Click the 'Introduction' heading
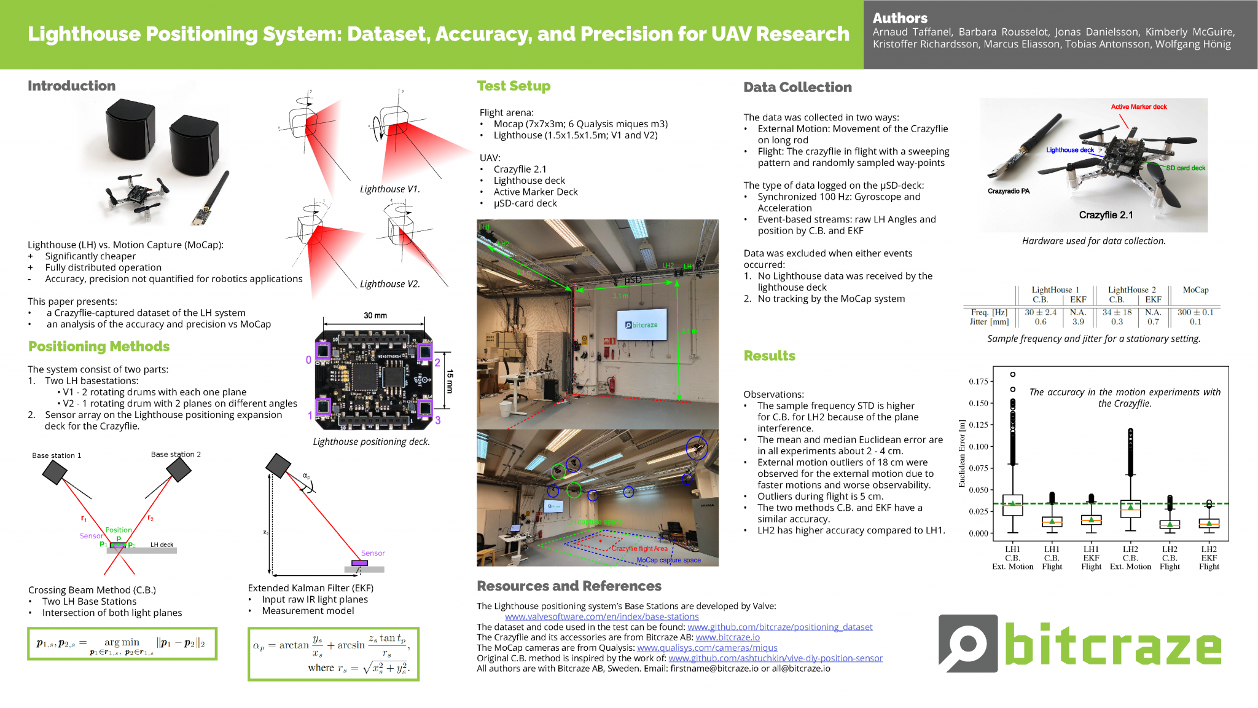[x=71, y=86]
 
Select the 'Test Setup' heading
[x=514, y=86]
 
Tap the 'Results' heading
[x=769, y=356]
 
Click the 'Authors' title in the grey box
[x=900, y=18]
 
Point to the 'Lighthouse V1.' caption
[x=389, y=189]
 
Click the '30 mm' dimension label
[x=375, y=315]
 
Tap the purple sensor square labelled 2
[x=424, y=352]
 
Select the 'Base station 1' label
[x=57, y=455]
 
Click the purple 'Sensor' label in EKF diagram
[x=373, y=553]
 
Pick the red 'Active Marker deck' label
[x=1139, y=107]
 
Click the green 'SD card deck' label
[x=1186, y=168]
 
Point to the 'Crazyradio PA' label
[x=1009, y=191]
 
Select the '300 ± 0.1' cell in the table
[x=1195, y=312]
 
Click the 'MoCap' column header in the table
[x=1195, y=290]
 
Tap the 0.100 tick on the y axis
[x=979, y=447]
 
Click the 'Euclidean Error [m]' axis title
[x=962, y=454]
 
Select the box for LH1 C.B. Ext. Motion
[x=1012, y=505]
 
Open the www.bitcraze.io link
[x=727, y=637]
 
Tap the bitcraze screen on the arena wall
[x=642, y=324]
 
